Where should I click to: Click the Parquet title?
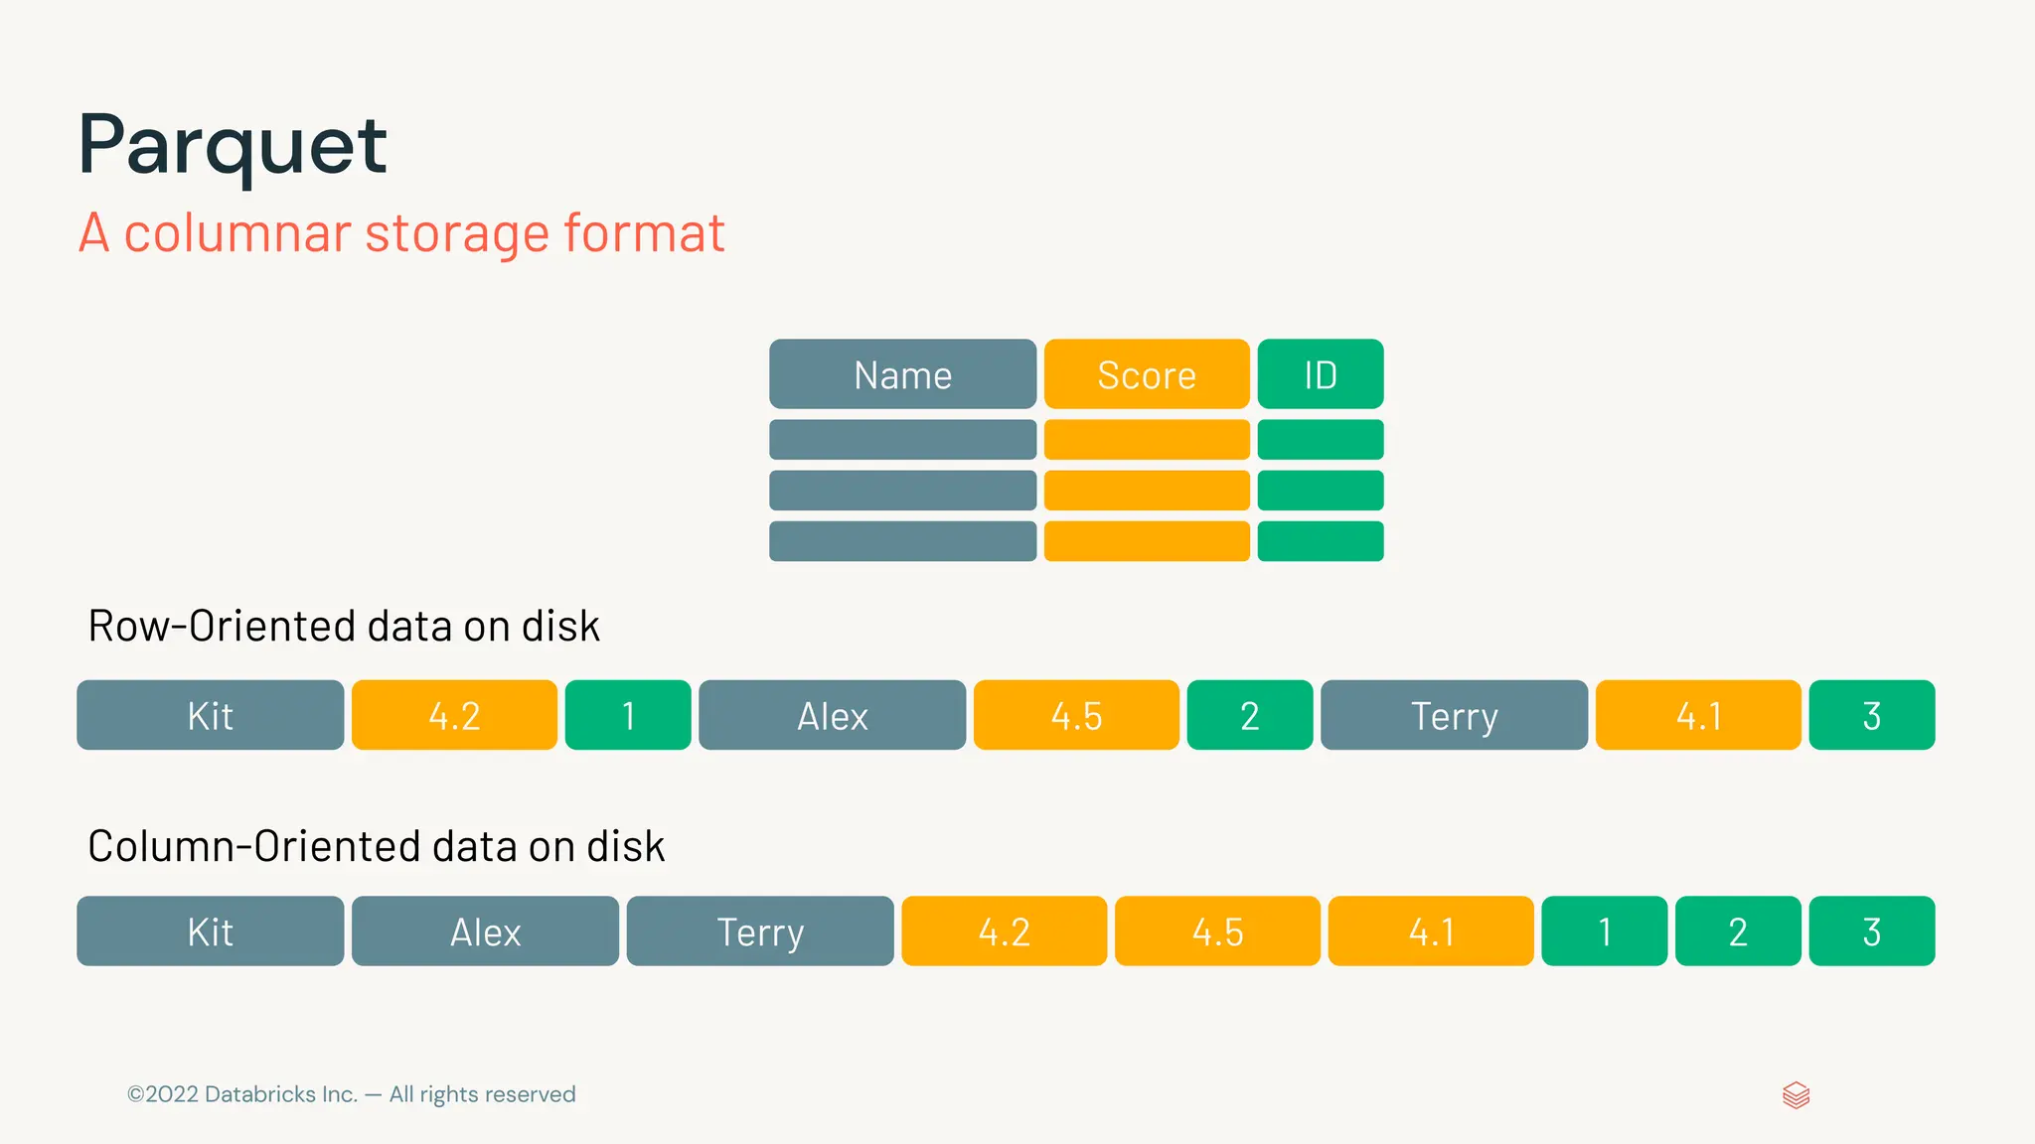[x=233, y=146]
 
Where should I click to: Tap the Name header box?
[x=902, y=374]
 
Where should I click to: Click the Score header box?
[x=1147, y=374]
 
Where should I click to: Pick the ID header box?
[x=1320, y=374]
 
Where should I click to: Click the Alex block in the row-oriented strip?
[x=832, y=715]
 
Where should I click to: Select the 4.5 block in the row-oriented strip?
[x=1076, y=715]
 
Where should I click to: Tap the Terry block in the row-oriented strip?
[x=1454, y=715]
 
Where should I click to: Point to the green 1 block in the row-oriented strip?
[x=628, y=715]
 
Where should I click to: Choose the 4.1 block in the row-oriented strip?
[x=1698, y=715]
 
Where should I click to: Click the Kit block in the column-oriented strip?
[x=211, y=931]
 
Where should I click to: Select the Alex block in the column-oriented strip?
[x=485, y=931]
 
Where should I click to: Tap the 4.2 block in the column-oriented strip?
[x=1004, y=931]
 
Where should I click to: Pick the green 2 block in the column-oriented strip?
[x=1738, y=931]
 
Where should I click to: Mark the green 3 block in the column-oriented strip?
[x=1872, y=931]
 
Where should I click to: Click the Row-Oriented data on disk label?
[x=344, y=627]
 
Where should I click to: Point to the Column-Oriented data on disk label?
[x=376, y=846]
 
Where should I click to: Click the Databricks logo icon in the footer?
[x=1796, y=1095]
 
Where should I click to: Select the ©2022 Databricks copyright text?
[x=351, y=1094]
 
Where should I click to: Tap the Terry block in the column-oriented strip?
[x=760, y=931]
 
